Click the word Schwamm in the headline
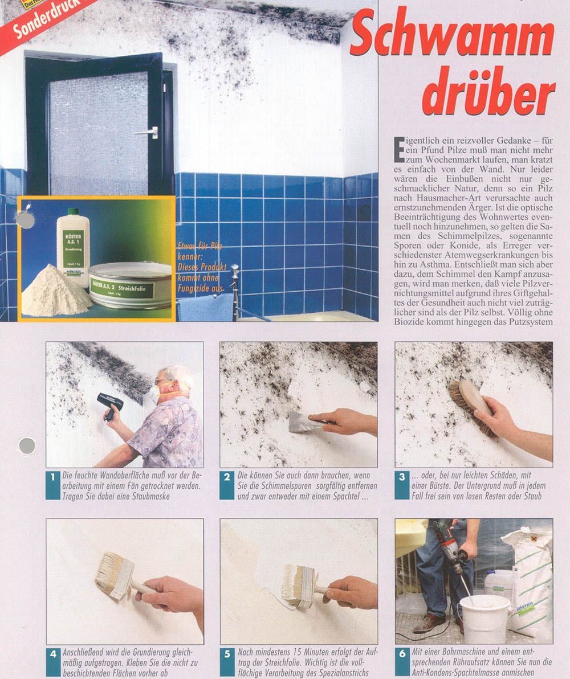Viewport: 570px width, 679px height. click(x=452, y=38)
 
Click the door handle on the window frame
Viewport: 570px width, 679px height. click(x=149, y=132)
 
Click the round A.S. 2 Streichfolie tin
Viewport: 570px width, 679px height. click(x=130, y=285)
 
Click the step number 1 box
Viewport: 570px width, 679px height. click(x=52, y=485)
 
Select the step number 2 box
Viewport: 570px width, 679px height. click(x=227, y=485)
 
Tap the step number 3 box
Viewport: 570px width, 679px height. click(x=402, y=485)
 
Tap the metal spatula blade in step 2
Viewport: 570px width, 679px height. click(x=302, y=422)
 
